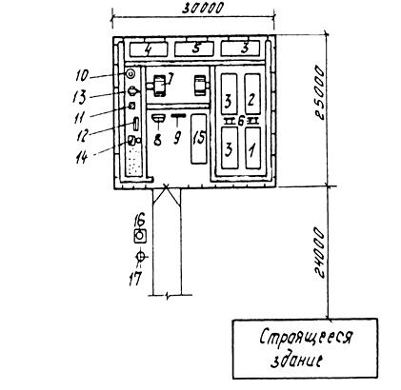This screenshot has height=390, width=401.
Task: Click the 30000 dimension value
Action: [203, 8]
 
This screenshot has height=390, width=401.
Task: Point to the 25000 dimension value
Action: [320, 92]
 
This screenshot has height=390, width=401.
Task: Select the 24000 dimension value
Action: [320, 252]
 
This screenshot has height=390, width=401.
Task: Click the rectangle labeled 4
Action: [149, 49]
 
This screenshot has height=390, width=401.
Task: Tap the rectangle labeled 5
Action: [194, 49]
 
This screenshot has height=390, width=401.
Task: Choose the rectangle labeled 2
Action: [252, 94]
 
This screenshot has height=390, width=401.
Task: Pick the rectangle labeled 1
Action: [253, 147]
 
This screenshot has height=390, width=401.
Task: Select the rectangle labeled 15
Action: [199, 139]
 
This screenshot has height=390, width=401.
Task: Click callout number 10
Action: [82, 76]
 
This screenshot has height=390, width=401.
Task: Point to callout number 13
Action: [79, 97]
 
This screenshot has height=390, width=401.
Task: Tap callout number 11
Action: [79, 117]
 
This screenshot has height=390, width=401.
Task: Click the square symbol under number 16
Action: [140, 236]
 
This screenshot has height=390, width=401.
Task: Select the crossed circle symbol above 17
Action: [140, 256]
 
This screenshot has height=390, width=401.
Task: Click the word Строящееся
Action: [306, 338]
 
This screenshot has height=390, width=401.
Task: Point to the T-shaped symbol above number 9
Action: [179, 120]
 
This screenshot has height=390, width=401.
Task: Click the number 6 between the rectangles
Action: [241, 121]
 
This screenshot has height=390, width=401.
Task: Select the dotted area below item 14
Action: [134, 161]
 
